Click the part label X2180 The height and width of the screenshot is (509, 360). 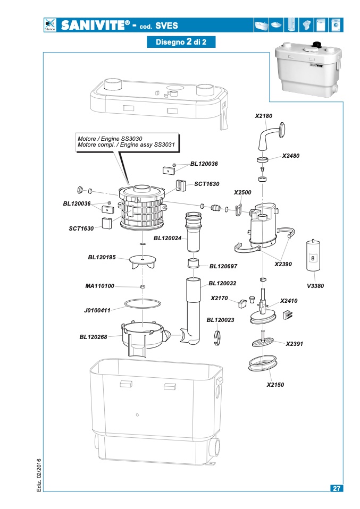point(264,116)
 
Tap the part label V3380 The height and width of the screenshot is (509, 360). point(315,286)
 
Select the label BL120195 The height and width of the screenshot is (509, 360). point(102,257)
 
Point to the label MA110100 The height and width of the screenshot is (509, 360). point(100,286)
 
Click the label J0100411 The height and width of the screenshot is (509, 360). point(97,310)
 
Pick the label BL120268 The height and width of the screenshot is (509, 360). point(93,337)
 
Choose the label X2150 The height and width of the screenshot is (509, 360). point(275,385)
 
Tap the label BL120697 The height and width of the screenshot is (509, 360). point(223,266)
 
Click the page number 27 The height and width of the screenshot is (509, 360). point(337,488)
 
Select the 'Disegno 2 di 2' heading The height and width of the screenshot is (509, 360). point(181,42)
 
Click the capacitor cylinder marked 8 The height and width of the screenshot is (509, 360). point(313,256)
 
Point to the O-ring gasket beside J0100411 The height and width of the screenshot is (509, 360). point(143,303)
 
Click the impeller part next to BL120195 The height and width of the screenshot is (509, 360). point(143,261)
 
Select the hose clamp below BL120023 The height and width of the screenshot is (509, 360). point(217,338)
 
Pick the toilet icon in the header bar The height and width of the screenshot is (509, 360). point(306,25)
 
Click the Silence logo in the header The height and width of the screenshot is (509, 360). point(49,25)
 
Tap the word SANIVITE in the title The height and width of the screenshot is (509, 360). point(93,26)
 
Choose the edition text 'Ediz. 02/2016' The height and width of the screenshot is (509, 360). point(39,475)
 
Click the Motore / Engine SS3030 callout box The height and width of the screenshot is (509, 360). point(127,142)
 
